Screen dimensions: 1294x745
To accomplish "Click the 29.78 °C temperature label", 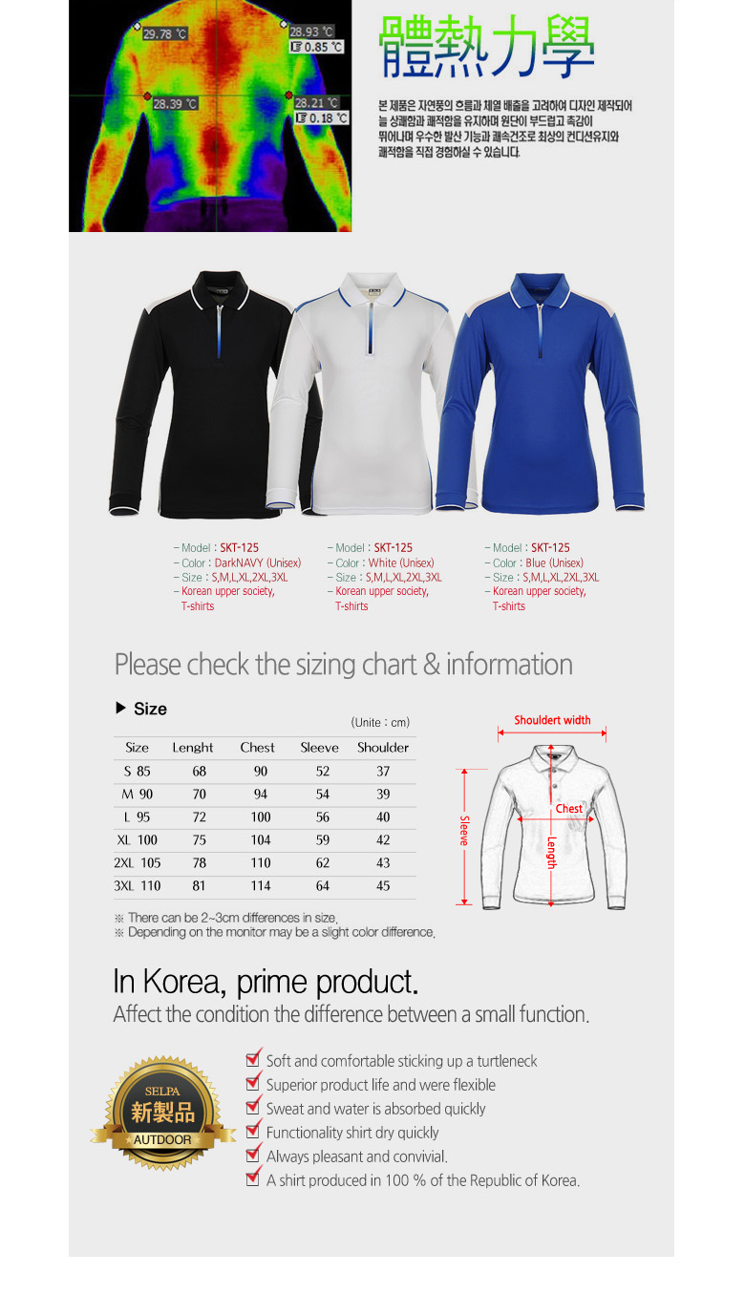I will coord(165,34).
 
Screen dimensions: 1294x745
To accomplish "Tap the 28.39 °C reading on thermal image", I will coord(175,104).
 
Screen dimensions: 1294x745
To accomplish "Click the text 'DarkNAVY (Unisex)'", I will coord(257,563).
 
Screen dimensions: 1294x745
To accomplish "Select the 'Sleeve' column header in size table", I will coord(320,748).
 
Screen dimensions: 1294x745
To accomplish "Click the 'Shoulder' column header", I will coord(383,748).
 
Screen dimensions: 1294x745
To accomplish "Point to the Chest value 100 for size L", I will coord(261,817).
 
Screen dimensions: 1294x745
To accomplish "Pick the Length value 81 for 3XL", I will coord(199,886).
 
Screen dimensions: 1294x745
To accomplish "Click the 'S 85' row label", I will coord(137,772).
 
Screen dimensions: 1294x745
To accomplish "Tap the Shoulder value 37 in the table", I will coord(383,772).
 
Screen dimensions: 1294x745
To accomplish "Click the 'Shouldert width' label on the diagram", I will coord(552,720).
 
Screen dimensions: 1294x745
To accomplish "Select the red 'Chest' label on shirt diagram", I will coord(568,809).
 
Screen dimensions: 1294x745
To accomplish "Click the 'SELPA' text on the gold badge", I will coord(162,1092).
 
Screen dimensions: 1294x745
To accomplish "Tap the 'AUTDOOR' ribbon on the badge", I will coord(162,1140).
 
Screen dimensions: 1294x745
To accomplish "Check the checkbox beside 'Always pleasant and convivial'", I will coord(253,1155).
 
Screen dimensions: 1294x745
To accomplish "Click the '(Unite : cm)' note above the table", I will coord(380,723).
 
